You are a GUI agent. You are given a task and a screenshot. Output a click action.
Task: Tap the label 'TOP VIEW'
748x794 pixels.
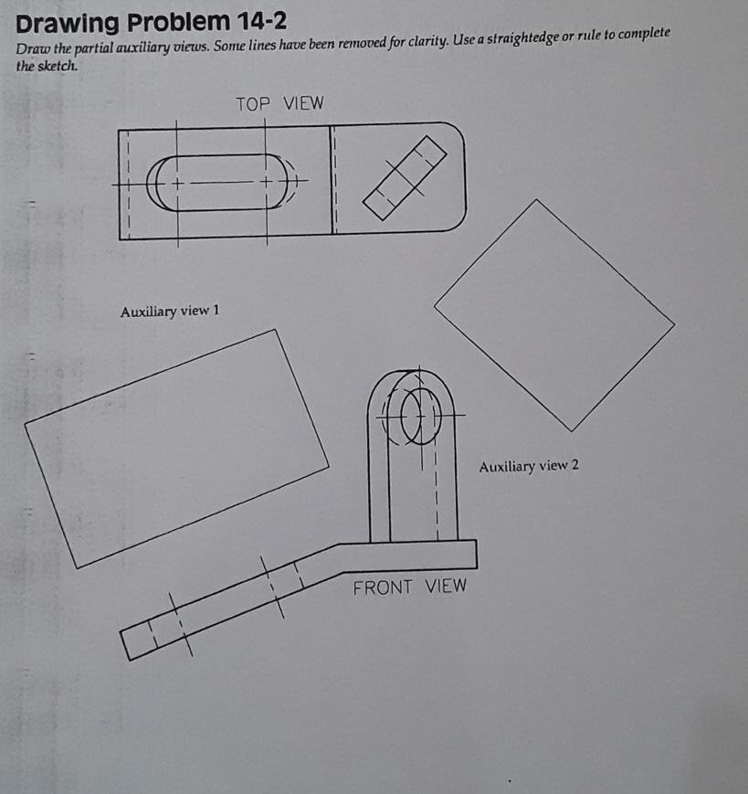(x=279, y=103)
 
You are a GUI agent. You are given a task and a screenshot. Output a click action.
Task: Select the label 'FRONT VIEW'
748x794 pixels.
(x=409, y=587)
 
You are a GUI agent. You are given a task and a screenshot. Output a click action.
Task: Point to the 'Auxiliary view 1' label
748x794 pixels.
(x=170, y=312)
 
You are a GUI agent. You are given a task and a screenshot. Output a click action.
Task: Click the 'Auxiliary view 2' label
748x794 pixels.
(x=529, y=466)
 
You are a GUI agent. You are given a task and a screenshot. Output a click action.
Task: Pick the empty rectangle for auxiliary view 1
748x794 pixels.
(x=176, y=448)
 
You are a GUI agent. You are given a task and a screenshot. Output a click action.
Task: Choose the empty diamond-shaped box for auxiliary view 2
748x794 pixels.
(x=554, y=315)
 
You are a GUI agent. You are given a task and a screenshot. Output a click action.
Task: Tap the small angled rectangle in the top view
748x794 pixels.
(x=405, y=177)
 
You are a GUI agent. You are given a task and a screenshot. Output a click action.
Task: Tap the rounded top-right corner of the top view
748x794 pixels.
(x=454, y=134)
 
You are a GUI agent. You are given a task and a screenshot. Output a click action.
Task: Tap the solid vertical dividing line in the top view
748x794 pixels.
(x=330, y=180)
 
